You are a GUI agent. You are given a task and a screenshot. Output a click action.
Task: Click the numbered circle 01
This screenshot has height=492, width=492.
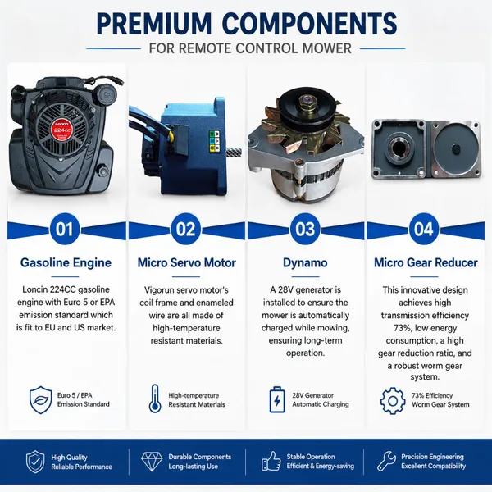[x=65, y=229]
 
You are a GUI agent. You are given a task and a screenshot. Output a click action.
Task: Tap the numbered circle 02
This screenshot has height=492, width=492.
[x=186, y=229]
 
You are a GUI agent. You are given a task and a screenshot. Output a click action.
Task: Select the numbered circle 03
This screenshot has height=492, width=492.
[x=305, y=229]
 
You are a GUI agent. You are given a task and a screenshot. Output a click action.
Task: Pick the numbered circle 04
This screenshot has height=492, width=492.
[x=424, y=229]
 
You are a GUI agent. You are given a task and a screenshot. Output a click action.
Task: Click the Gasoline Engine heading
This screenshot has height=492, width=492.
[x=66, y=262]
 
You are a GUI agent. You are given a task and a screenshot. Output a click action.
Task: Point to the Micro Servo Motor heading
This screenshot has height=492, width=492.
[x=186, y=262]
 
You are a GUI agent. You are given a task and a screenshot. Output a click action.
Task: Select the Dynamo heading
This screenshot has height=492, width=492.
[x=305, y=263]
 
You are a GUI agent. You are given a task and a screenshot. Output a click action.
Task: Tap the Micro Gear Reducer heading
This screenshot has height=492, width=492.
[x=426, y=262]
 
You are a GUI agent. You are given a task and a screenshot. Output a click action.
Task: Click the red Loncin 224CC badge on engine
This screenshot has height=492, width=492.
[x=61, y=129]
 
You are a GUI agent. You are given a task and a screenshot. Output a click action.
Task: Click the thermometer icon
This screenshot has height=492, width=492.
[x=155, y=399]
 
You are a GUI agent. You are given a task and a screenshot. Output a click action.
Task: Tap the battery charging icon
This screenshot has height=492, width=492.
[x=277, y=399]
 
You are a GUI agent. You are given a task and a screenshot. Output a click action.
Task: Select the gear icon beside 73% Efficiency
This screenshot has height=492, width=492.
[x=393, y=401]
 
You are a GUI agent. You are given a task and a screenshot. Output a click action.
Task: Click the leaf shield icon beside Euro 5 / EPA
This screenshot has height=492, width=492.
[x=40, y=400]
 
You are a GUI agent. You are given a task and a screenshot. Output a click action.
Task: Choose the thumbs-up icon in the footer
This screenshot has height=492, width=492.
[x=271, y=461]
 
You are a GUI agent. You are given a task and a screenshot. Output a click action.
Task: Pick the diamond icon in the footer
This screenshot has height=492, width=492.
[x=152, y=461]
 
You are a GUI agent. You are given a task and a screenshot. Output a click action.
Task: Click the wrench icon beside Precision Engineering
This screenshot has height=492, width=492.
[x=386, y=461]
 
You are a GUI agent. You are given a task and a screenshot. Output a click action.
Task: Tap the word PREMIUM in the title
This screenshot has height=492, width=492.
[x=154, y=24]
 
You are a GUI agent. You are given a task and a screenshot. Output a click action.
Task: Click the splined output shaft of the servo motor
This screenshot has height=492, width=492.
[x=234, y=152]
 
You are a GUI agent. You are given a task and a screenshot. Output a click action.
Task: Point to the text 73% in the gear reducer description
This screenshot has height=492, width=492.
[x=402, y=328]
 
